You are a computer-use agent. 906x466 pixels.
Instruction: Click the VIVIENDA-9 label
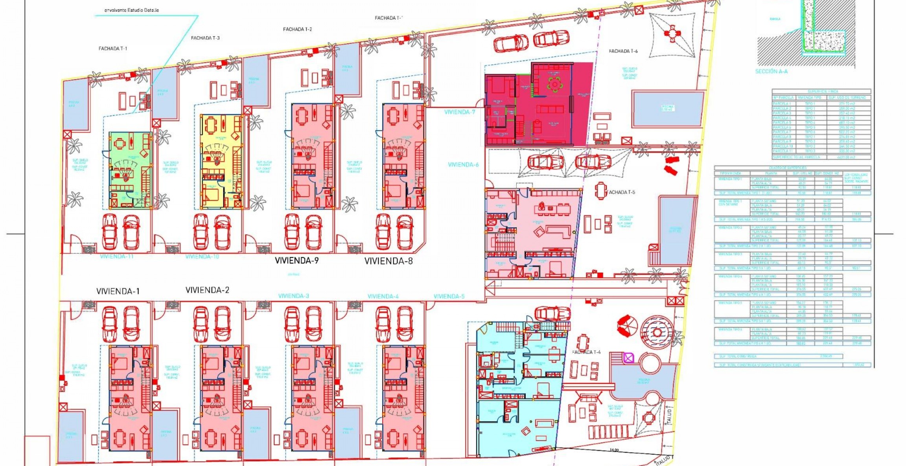click(x=296, y=260)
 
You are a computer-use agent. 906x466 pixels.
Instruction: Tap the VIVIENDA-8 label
click(x=389, y=261)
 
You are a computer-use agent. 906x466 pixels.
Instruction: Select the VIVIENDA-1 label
click(x=118, y=291)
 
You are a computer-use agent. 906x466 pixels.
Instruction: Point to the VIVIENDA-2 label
click(x=207, y=290)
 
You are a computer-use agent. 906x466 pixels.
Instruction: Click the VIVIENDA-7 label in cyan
click(x=460, y=112)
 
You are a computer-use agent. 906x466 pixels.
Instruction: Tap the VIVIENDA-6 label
click(x=463, y=165)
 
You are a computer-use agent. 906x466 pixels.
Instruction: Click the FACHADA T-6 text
click(x=623, y=51)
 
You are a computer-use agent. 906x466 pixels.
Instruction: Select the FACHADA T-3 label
click(x=205, y=38)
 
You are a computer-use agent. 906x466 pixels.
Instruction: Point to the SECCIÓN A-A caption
click(x=771, y=72)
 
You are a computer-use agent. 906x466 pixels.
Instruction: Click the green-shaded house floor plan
click(x=130, y=170)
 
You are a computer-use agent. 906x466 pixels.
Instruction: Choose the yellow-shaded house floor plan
click(x=221, y=161)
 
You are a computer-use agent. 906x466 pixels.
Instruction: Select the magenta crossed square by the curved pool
click(x=628, y=358)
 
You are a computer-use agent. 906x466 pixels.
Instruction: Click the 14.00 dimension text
click(x=614, y=450)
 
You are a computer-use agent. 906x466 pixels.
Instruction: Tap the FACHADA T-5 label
click(x=621, y=192)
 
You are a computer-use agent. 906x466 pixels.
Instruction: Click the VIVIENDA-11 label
click(x=117, y=256)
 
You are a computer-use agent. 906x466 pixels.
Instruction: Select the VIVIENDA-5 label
click(x=449, y=296)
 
